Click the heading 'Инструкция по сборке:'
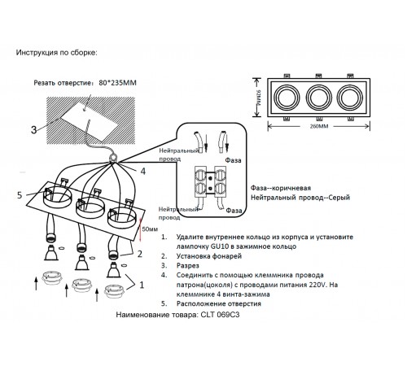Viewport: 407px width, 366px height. (x=55, y=53)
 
